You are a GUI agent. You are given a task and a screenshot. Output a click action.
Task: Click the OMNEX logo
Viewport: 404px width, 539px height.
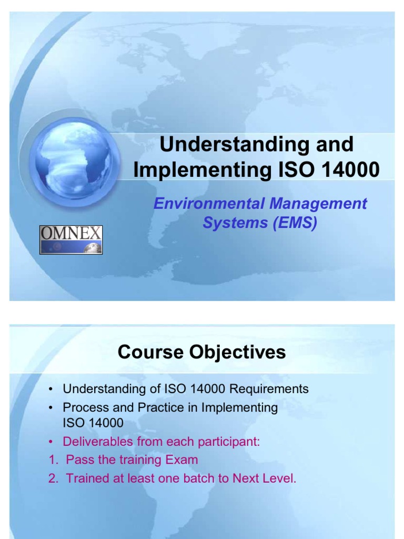point(71,239)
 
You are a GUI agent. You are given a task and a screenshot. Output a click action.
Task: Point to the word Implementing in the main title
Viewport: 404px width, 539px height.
point(199,170)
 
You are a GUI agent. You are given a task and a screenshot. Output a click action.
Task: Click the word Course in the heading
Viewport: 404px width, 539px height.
point(149,352)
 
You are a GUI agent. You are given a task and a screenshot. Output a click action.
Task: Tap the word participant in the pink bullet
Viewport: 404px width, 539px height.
point(229,442)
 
